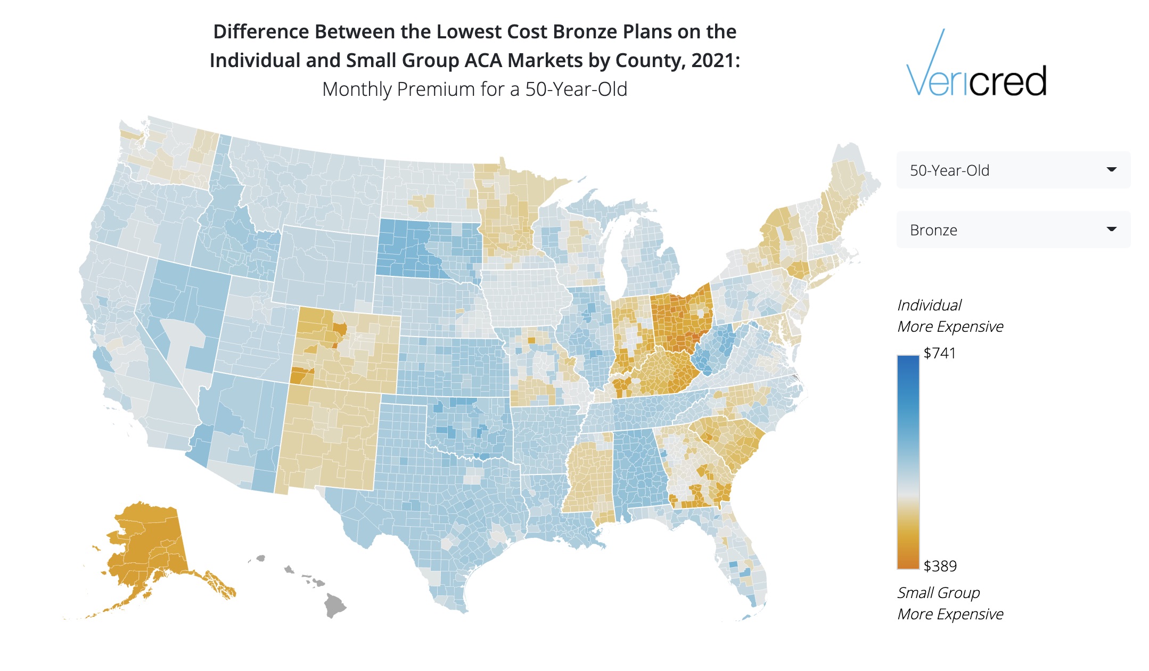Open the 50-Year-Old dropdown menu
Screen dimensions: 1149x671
1013,170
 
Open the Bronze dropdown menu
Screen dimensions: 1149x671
1013,230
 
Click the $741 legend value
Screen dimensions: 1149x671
940,353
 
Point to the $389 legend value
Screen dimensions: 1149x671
940,566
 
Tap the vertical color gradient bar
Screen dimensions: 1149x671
908,462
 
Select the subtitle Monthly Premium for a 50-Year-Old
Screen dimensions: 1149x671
475,89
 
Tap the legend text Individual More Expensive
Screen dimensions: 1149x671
950,316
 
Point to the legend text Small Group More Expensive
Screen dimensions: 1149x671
950,603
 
